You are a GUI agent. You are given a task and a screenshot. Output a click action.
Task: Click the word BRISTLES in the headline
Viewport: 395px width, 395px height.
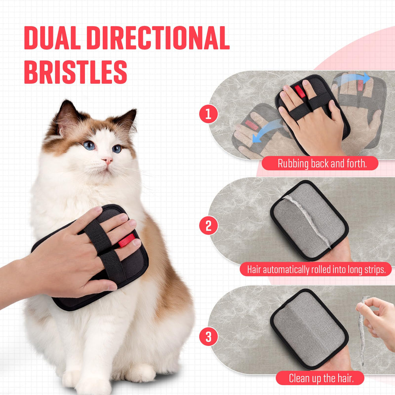click(x=75, y=72)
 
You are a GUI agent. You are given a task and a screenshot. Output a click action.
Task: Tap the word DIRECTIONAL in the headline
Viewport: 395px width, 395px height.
click(x=158, y=38)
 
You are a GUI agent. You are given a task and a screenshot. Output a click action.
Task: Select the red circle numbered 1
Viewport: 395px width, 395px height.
click(x=209, y=115)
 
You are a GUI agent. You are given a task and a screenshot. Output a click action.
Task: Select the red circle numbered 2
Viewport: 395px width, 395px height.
click(x=209, y=226)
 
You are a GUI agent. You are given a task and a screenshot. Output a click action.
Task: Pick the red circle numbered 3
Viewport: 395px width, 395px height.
click(x=209, y=338)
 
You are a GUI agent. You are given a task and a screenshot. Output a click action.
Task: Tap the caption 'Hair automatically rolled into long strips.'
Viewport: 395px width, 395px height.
click(x=319, y=270)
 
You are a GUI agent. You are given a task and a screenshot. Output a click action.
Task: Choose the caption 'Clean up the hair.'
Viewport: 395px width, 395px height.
click(x=320, y=378)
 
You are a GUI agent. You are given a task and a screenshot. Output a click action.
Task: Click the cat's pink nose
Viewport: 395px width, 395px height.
click(x=107, y=161)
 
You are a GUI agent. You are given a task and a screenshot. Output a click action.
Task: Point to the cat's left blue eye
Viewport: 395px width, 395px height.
click(x=89, y=145)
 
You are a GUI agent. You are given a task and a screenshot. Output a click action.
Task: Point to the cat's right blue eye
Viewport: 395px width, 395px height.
click(x=117, y=149)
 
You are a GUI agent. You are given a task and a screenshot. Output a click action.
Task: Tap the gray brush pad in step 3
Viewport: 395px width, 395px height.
click(x=308, y=324)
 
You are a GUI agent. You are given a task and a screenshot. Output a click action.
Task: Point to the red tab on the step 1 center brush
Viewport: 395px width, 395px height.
click(x=301, y=91)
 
